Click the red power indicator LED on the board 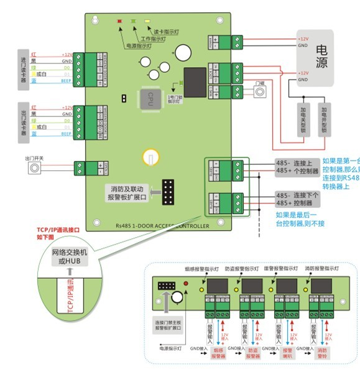pos(119,21)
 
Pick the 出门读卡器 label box pos(24,120)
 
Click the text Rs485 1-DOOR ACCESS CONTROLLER pos(163,226)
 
